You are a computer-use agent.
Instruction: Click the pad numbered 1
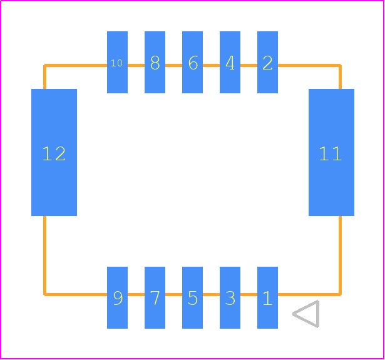(267, 297)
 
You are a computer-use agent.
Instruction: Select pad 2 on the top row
(267, 62)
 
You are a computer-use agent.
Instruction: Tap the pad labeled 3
(230, 297)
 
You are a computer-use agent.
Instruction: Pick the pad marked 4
(230, 62)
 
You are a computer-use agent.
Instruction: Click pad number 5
(192, 297)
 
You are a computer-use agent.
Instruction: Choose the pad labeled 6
(192, 62)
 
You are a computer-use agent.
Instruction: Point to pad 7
(155, 297)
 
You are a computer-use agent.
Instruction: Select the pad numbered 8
(155, 62)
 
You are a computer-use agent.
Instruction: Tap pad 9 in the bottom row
(117, 297)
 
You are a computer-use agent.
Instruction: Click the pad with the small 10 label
(117, 62)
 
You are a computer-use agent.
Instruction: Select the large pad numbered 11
(331, 152)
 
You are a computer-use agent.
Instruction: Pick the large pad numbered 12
(54, 152)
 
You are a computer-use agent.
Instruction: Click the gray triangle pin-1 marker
(306, 314)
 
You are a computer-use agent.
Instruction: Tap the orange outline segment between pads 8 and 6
(173, 65)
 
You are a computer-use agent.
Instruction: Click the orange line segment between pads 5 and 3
(211, 294)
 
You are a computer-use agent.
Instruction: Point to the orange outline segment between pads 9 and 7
(136, 294)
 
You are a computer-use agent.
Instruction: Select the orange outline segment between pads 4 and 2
(249, 65)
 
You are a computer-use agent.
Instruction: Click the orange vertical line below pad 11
(340, 255)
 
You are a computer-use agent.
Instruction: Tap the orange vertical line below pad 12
(44, 255)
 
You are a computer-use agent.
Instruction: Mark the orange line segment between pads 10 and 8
(136, 65)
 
